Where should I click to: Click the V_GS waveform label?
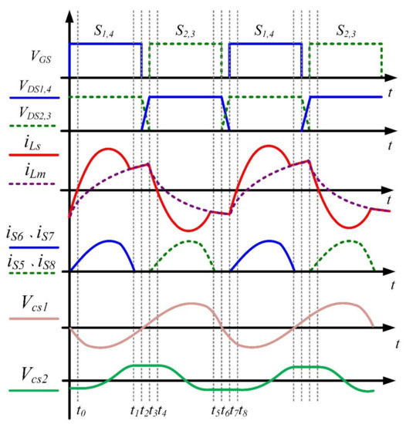(x=28, y=58)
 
